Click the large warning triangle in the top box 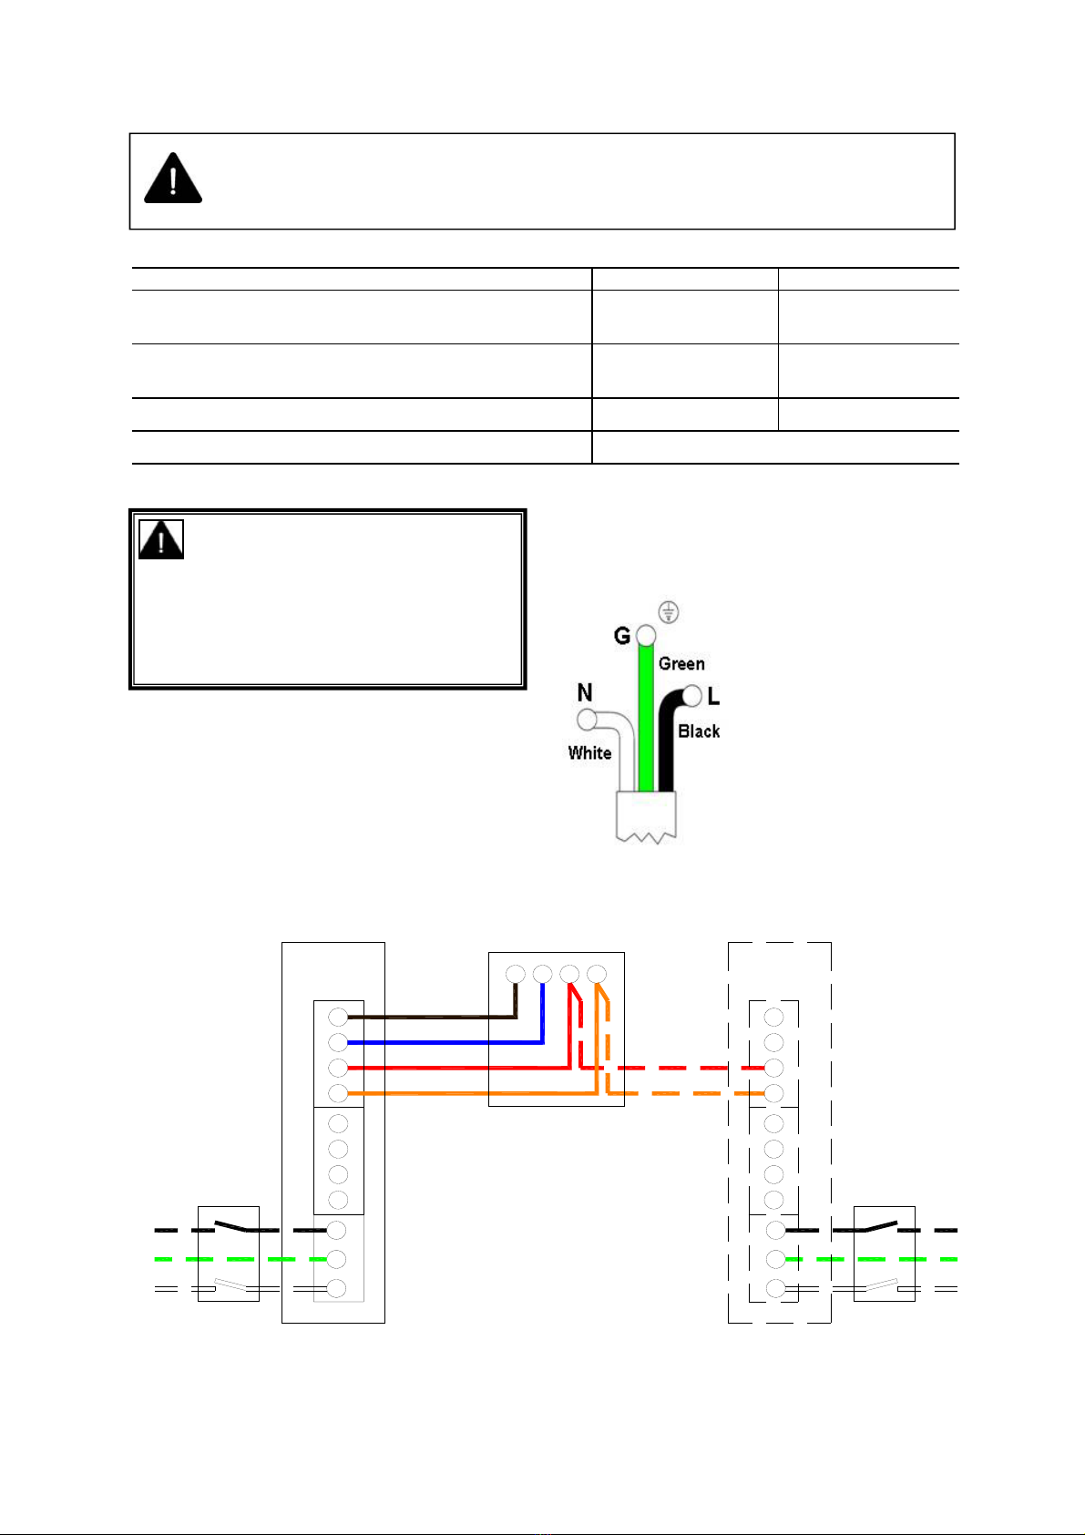173,179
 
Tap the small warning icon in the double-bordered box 161,539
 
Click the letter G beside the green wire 621,636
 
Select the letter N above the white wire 585,692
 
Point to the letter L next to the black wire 713,697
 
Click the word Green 681,663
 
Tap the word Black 699,732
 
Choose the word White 589,752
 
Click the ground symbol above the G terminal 669,611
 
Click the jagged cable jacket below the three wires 646,817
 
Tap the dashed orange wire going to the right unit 685,1093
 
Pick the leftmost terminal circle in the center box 516,974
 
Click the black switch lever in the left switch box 231,1226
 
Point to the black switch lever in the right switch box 881,1225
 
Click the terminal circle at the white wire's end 587,720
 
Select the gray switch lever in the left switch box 230,1284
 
